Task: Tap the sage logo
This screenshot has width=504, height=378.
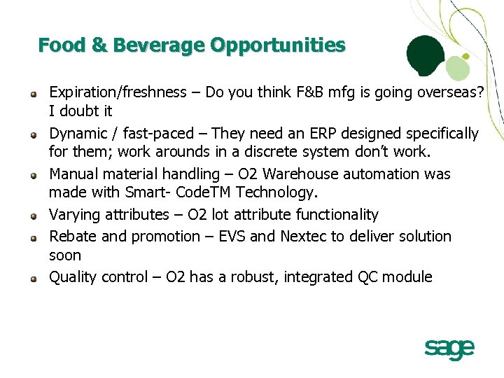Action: click(x=449, y=348)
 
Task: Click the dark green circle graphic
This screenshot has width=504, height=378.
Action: click(x=426, y=56)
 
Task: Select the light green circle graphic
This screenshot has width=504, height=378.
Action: click(x=456, y=69)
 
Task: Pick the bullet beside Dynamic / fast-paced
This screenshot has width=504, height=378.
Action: click(x=33, y=134)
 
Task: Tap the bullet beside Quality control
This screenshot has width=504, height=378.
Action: click(x=33, y=278)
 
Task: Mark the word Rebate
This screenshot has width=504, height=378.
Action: click(x=71, y=236)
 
